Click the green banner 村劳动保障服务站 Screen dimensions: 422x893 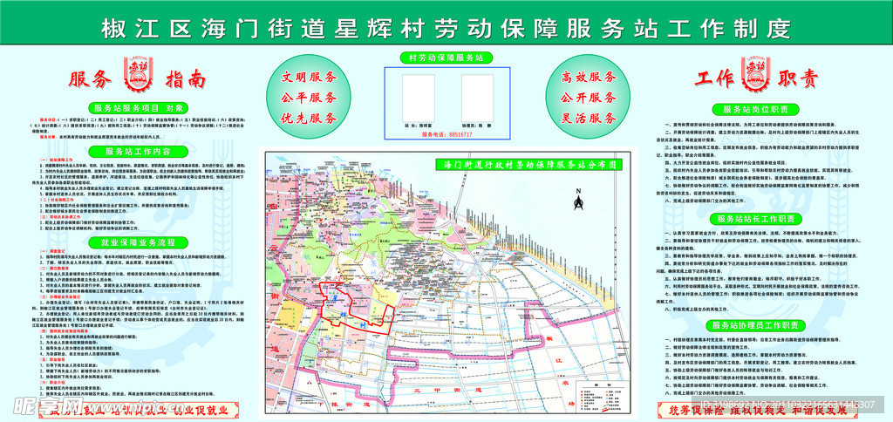(x=446, y=57)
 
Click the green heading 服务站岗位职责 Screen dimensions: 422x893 (x=754, y=109)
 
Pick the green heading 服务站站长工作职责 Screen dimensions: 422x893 (x=754, y=217)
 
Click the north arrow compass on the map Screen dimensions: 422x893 (x=577, y=202)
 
